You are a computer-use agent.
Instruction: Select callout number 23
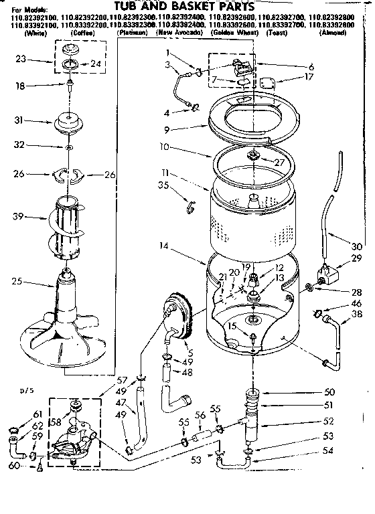tap(22, 58)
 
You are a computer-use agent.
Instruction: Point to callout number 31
tap(21, 120)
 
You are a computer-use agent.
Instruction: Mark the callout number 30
tap(356, 246)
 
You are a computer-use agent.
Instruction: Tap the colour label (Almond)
tap(333, 32)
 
